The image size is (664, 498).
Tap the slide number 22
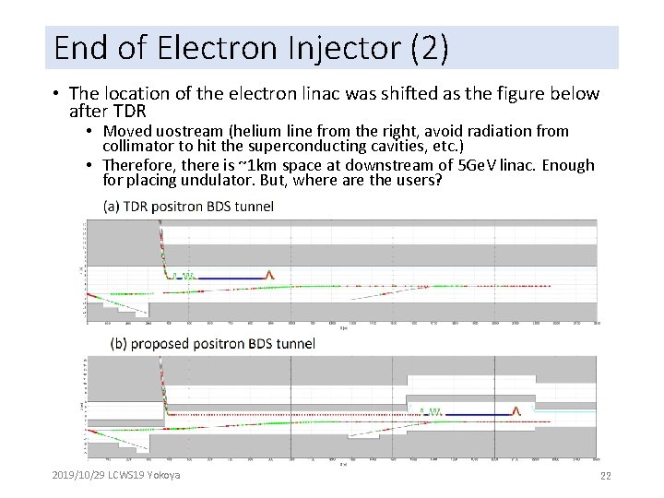coord(606,476)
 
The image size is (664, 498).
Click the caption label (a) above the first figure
coord(111,206)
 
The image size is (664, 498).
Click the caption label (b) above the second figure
coord(118,344)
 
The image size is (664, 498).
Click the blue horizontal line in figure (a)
coord(230,277)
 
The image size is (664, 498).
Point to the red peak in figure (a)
coord(270,274)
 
